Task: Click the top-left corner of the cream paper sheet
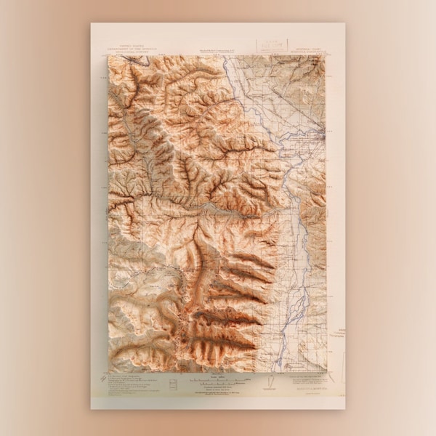[91, 23]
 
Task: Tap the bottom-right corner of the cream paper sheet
[345, 408]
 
